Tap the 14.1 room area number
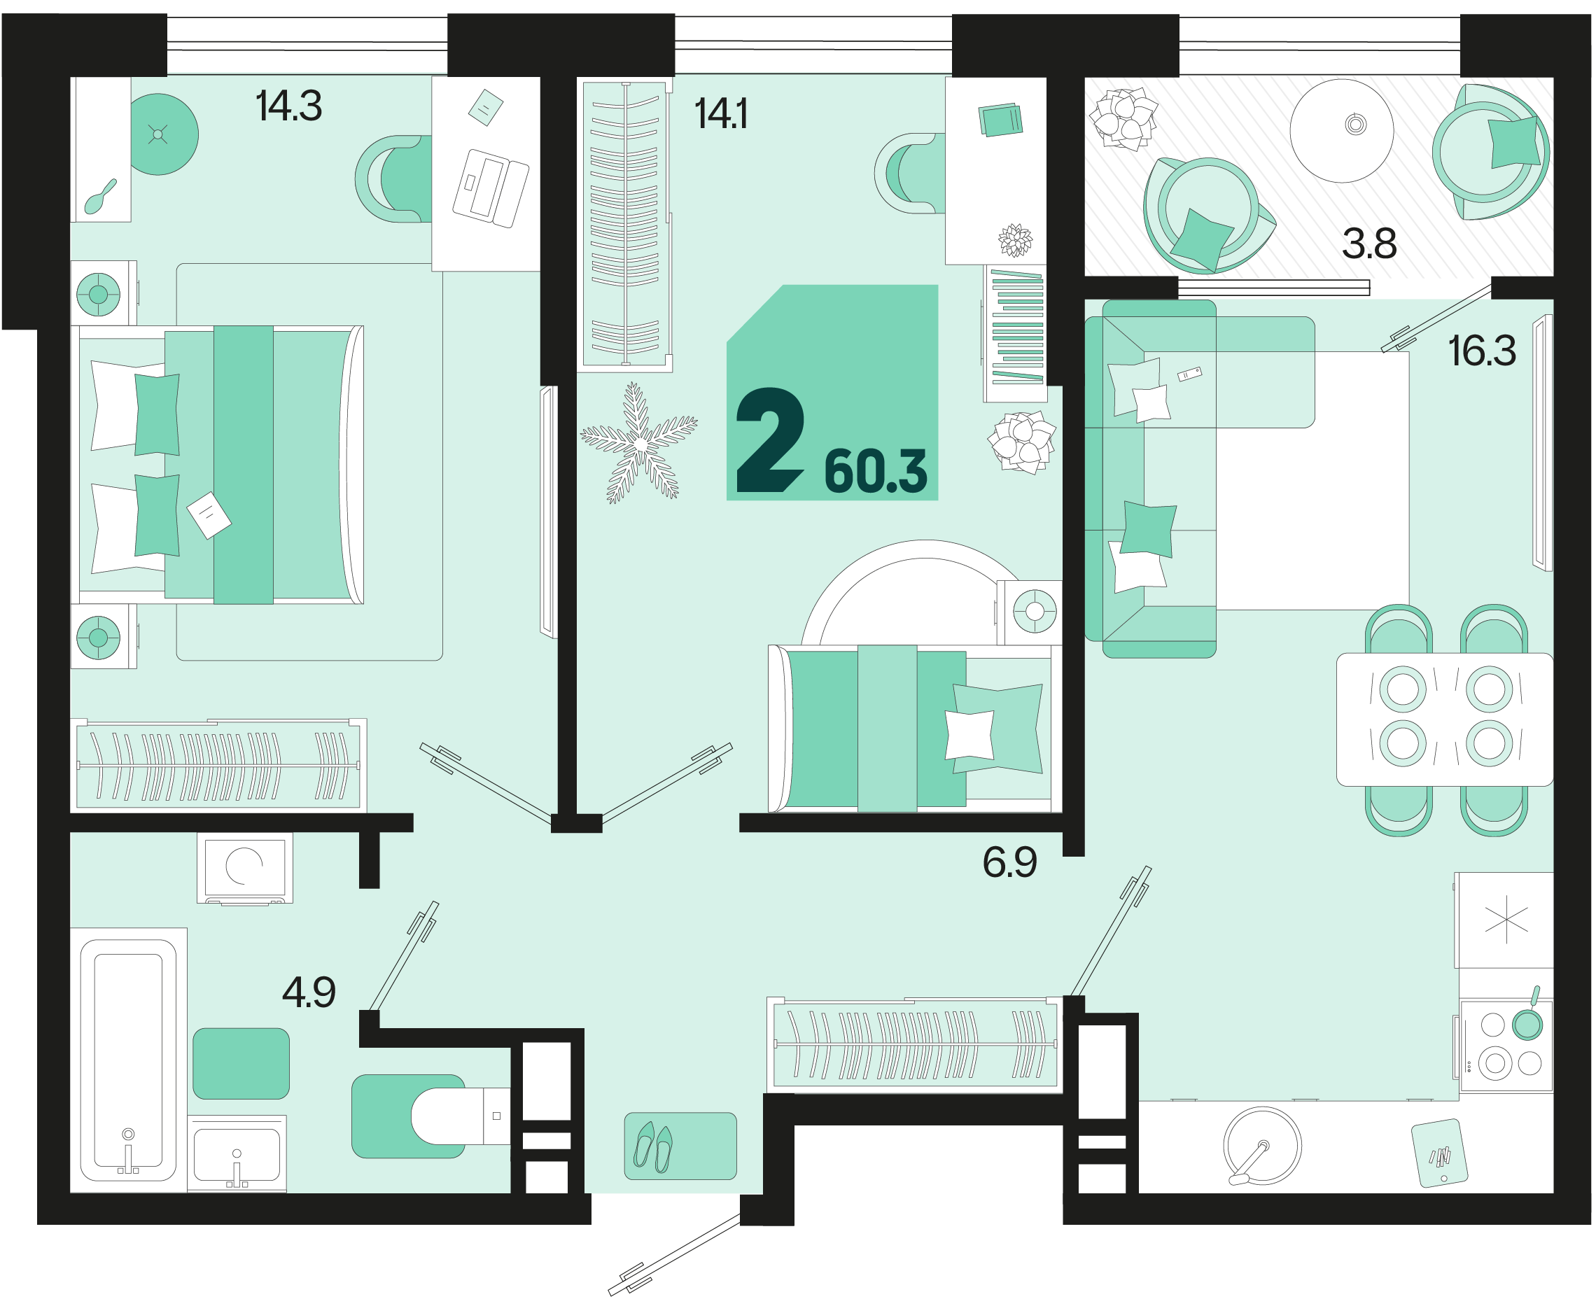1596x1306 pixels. click(x=721, y=113)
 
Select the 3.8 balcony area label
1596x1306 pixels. click(x=1368, y=244)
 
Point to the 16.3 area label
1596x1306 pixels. click(x=1481, y=351)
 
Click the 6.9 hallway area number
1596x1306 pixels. click(x=1009, y=862)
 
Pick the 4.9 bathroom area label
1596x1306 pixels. click(x=309, y=992)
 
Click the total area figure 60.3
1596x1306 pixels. click(x=875, y=472)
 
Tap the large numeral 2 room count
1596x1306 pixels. click(x=769, y=440)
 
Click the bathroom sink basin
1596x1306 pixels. click(x=237, y=1154)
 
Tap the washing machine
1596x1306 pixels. click(x=244, y=867)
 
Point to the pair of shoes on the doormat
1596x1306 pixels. click(x=652, y=1148)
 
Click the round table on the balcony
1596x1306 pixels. click(x=1341, y=130)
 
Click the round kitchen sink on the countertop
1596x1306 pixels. click(x=1262, y=1146)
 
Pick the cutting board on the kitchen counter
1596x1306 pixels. click(x=1438, y=1154)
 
